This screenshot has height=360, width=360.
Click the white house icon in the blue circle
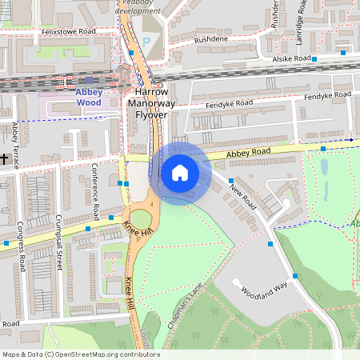180,173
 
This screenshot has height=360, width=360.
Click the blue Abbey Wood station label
89,97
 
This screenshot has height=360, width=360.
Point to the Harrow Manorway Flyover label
150,104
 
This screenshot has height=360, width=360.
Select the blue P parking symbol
146,42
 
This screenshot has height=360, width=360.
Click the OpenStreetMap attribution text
80,354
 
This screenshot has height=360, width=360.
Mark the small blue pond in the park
325,170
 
